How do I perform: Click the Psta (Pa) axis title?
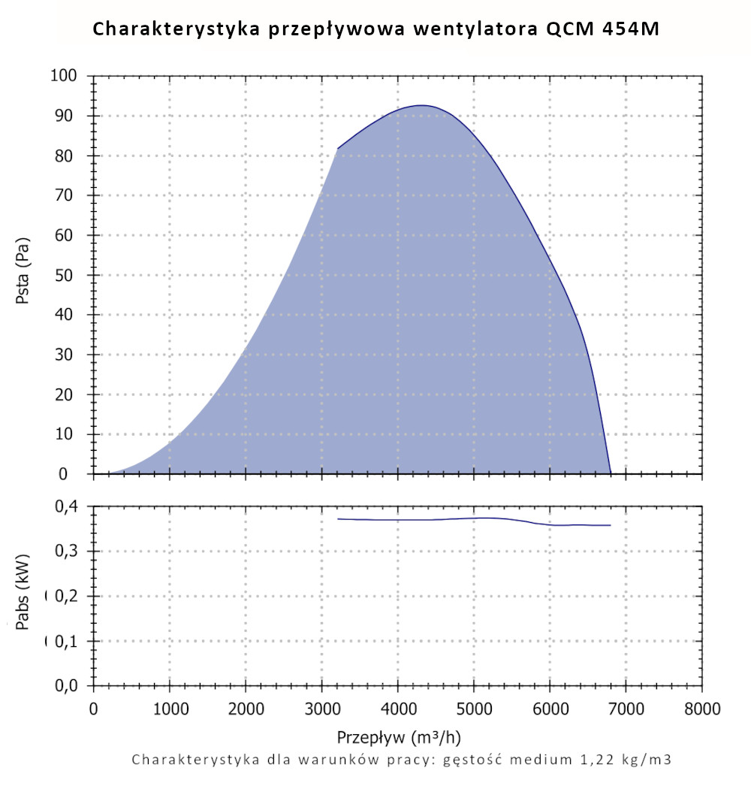pos(23,277)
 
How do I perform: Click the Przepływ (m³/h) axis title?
pos(397,735)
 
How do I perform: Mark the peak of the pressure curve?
pos(421,105)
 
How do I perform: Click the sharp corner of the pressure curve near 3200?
pos(337,149)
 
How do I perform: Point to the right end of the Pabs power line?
pos(611,525)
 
